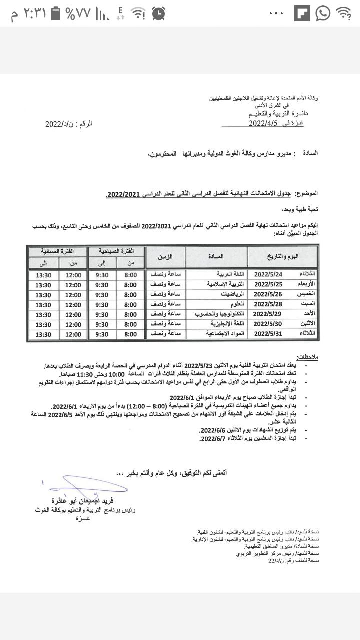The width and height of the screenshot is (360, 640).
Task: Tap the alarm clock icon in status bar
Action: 159,13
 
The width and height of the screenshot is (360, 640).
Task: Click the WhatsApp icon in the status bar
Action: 323,13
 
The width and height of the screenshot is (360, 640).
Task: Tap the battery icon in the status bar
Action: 56,14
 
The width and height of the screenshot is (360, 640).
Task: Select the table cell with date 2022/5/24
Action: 269,275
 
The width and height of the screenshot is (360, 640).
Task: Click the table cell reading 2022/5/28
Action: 269,304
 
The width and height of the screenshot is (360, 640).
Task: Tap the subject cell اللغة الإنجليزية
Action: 216,324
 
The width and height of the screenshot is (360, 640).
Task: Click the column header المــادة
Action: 216,257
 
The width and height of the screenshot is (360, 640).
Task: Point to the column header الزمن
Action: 165,257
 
